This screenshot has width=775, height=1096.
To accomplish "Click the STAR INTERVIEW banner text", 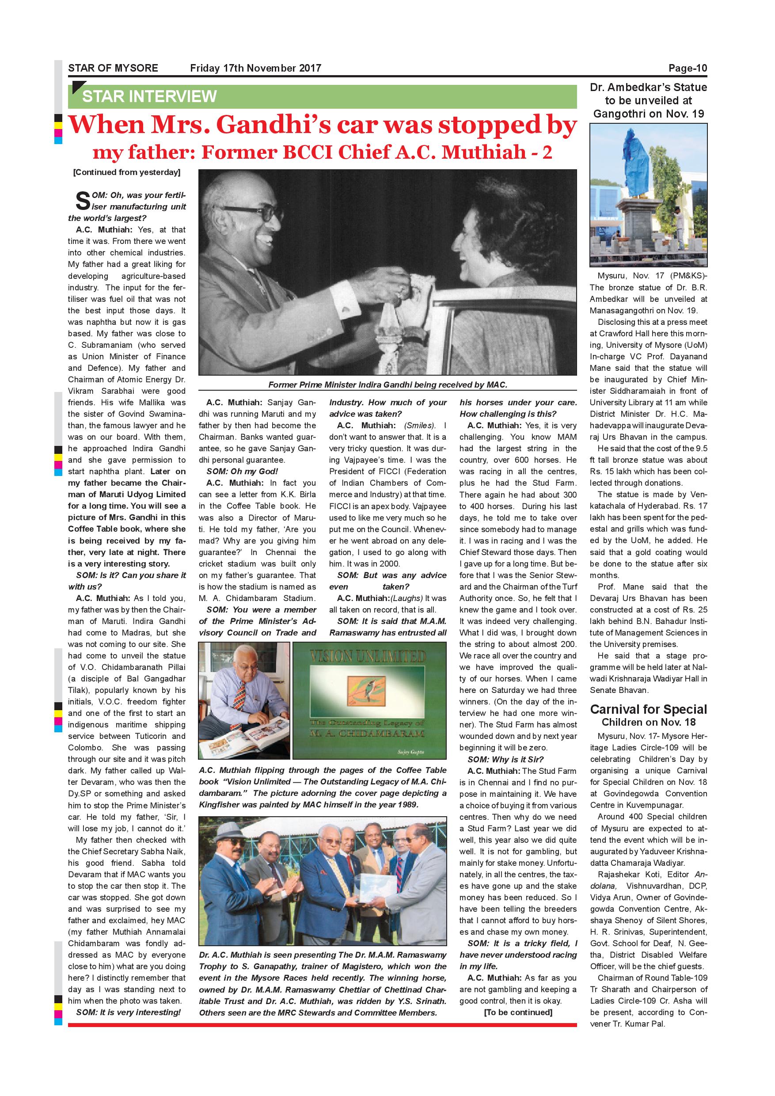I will pyautogui.click(x=149, y=96).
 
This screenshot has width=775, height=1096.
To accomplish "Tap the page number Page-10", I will pyautogui.click(x=687, y=68).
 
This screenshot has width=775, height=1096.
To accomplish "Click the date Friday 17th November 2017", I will pyautogui.click(x=255, y=68).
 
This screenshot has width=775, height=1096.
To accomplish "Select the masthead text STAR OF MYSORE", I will pyautogui.click(x=113, y=68).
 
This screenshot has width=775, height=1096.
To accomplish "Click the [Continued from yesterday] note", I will pyautogui.click(x=126, y=172).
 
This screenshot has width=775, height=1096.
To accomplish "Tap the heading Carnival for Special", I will pyautogui.click(x=649, y=709).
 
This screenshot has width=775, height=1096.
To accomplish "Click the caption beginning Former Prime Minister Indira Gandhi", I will pyautogui.click(x=387, y=384).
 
